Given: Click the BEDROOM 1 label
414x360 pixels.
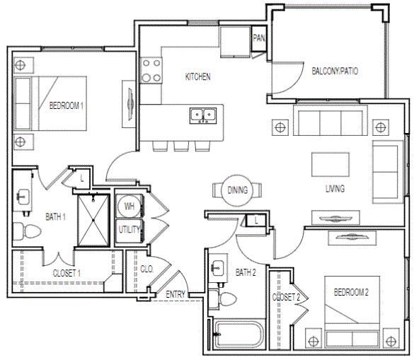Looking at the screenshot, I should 67,107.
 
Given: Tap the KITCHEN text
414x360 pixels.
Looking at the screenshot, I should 198,76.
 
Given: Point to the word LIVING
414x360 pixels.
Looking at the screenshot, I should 335,189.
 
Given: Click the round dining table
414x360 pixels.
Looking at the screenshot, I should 236,190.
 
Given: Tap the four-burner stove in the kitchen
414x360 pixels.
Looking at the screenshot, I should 151,70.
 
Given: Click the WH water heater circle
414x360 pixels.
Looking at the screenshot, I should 130,206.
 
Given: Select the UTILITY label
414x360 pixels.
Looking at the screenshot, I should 130,229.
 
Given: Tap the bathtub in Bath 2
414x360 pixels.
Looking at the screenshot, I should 236,334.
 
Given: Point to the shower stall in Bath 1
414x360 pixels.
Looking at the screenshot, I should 93,213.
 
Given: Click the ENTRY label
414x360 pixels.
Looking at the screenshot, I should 176,294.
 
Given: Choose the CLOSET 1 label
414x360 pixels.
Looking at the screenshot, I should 67,272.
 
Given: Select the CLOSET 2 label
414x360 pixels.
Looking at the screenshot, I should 287,298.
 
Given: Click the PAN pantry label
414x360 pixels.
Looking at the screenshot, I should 258,37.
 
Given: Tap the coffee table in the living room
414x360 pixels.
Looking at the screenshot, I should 330,165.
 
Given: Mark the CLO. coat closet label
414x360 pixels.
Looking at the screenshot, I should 147,269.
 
